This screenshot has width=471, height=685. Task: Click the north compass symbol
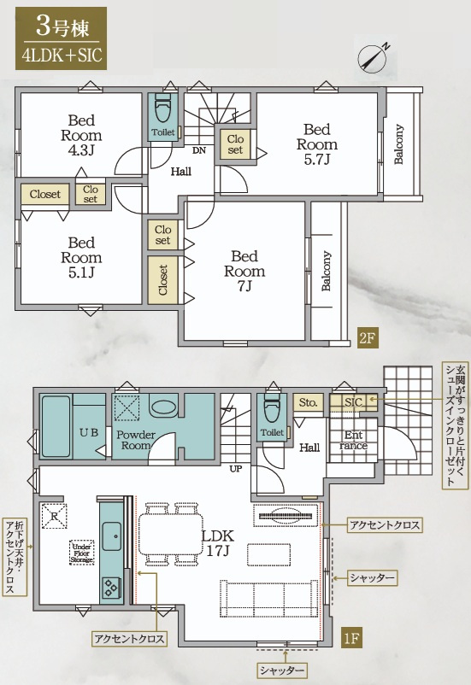pos(373,58)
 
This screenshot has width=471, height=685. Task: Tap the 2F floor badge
pos(368,337)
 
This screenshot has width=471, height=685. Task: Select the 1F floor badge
pos(351,639)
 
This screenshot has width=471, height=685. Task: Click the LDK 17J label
pos(218,543)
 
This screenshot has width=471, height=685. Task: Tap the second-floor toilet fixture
pos(163,108)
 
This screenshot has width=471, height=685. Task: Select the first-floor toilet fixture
pos(272,409)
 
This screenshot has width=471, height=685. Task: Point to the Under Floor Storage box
pos(82,553)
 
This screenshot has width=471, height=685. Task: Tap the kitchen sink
pos(112,536)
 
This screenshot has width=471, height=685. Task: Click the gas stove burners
pos(110,588)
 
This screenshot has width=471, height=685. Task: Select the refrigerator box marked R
pos(54,517)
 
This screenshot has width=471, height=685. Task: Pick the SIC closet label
pos(353,402)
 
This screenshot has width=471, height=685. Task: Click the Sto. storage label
pos(309,402)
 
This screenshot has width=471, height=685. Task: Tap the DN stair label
pos(199,150)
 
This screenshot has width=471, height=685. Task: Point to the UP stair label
pos(235,469)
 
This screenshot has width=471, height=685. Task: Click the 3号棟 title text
pos(62,27)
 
